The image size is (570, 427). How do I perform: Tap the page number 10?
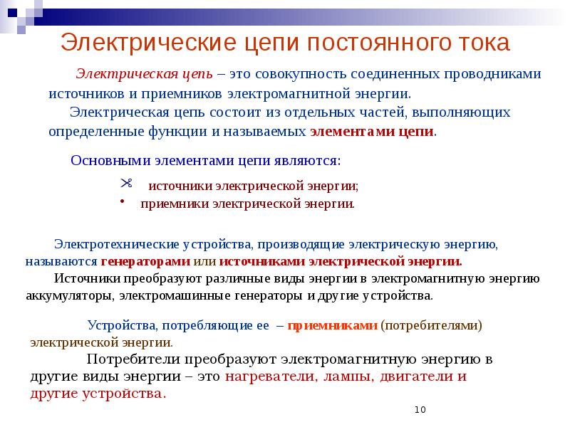(x=420, y=410)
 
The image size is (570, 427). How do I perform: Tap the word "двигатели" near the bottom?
(x=415, y=376)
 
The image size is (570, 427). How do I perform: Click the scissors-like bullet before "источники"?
(x=127, y=183)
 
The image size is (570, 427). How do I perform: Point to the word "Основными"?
(x=106, y=160)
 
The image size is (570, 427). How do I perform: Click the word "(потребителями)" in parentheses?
(x=432, y=326)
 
